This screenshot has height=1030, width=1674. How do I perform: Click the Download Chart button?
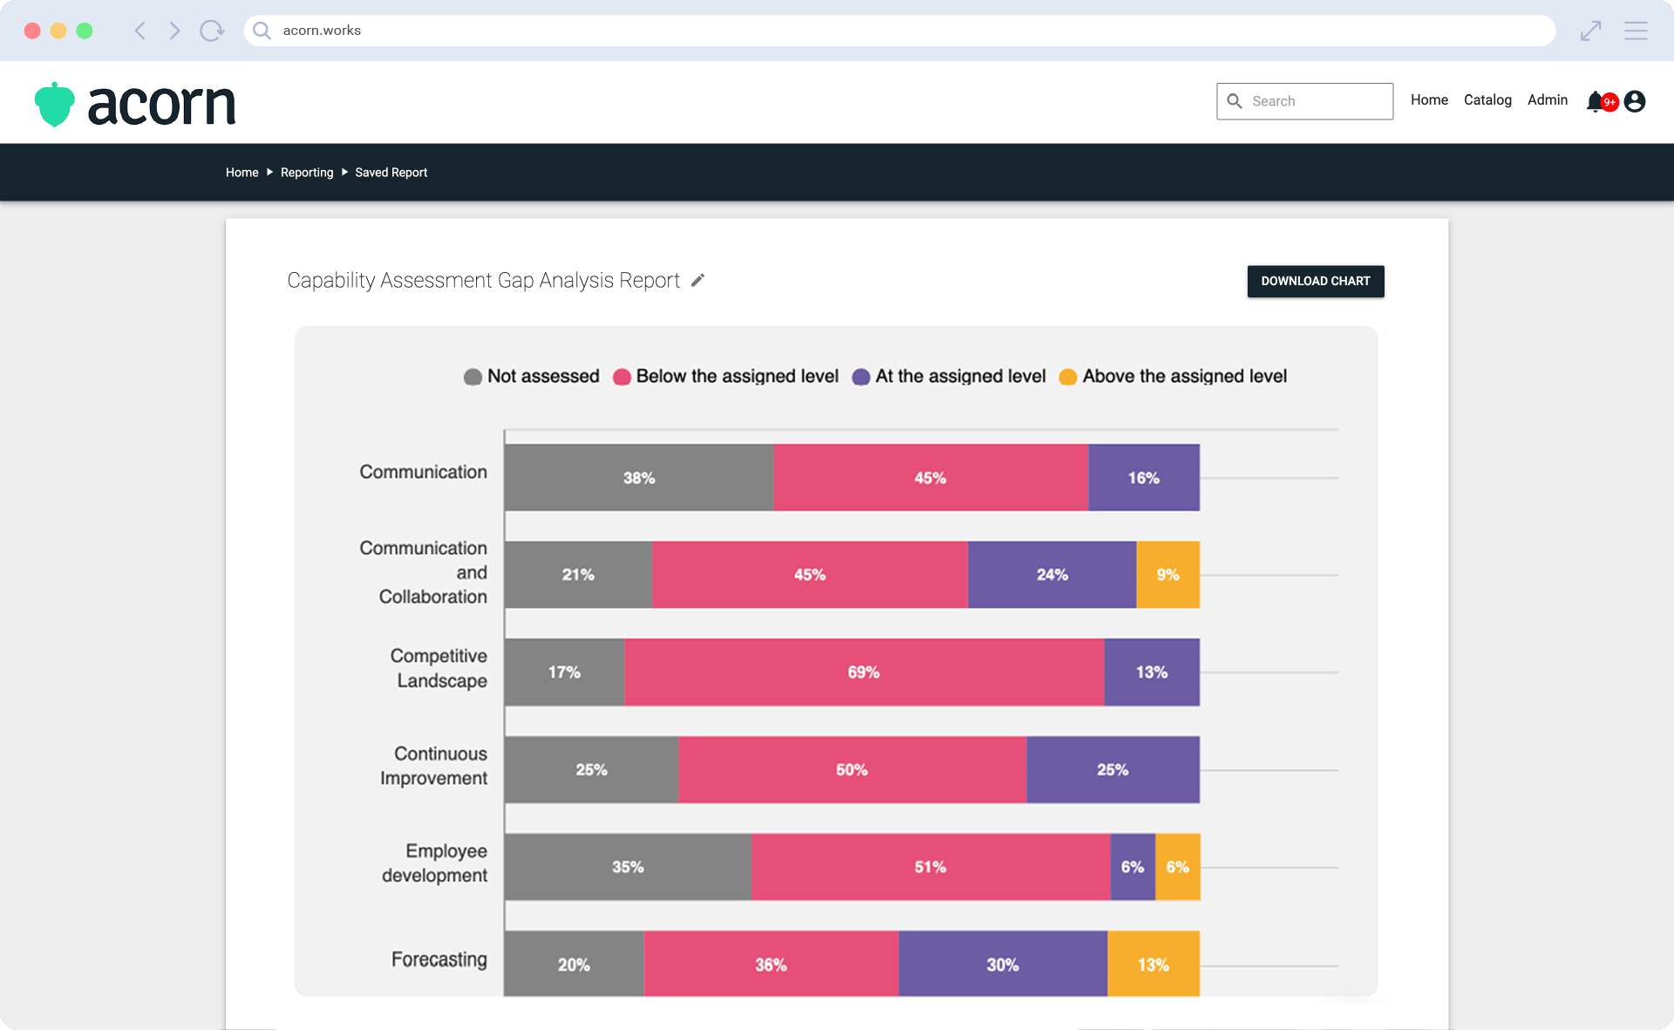(1315, 281)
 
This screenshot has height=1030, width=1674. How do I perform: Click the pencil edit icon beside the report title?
(697, 280)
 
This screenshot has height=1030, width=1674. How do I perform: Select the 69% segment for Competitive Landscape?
(863, 672)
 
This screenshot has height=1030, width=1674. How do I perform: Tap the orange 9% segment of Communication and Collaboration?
(1167, 575)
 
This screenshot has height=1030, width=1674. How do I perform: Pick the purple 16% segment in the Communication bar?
(1143, 478)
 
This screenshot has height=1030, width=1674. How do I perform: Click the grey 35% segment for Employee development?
(627, 867)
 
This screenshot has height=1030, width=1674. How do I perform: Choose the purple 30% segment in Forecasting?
(1003, 965)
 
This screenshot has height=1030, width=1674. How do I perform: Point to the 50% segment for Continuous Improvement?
(852, 770)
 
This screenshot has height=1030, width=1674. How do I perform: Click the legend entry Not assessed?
(532, 377)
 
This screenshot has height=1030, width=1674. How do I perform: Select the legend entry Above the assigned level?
(1173, 377)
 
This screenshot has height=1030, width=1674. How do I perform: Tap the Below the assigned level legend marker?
(622, 377)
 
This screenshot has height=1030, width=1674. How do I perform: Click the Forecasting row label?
(439, 959)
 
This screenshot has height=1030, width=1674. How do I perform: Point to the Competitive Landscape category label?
(439, 668)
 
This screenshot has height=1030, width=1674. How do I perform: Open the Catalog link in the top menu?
(1487, 100)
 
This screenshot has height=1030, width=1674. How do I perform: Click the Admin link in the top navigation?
(1547, 100)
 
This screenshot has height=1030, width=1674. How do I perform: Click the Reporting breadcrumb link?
(307, 173)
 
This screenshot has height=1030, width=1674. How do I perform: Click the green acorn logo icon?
(55, 105)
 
